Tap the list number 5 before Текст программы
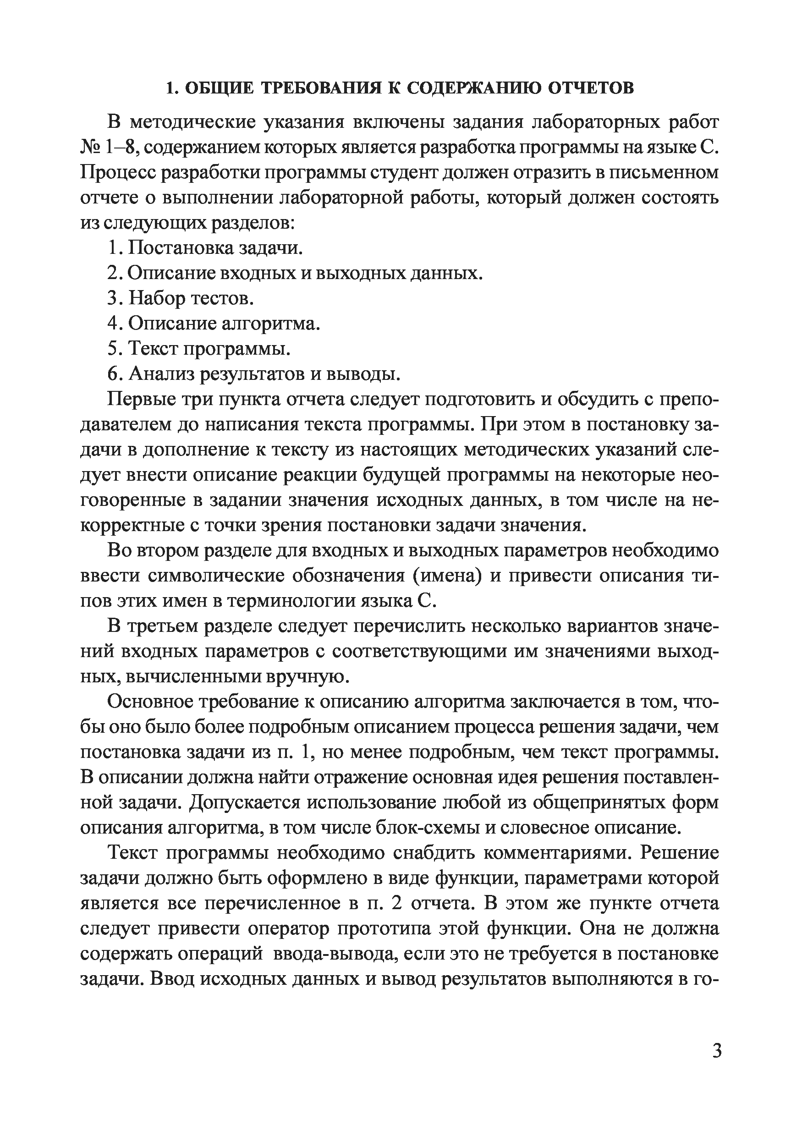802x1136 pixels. [112, 348]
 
